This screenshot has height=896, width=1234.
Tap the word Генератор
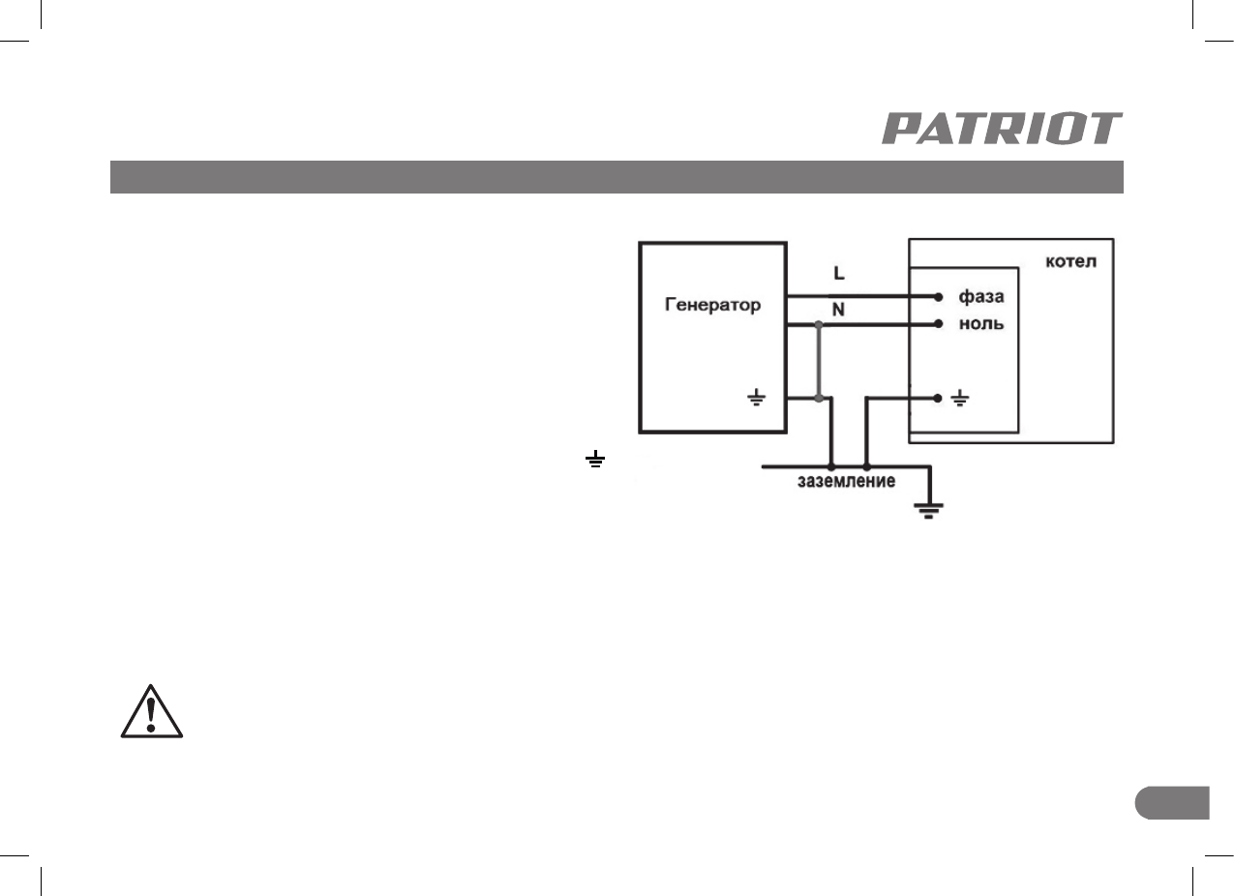pos(711,305)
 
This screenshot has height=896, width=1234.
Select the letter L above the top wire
pos(838,274)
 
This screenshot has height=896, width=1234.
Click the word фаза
pos(980,295)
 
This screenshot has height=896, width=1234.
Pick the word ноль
pos(980,324)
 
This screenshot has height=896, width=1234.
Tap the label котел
pos(1072,262)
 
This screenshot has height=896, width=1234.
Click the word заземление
pos(845,481)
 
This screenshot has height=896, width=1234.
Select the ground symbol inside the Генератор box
pos(758,398)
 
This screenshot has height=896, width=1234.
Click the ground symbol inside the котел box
pos(959,398)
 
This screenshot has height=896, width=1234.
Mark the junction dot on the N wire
pos(819,326)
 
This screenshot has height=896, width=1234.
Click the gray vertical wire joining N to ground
pos(819,362)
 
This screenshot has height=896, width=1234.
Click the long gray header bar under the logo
pos(616,177)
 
